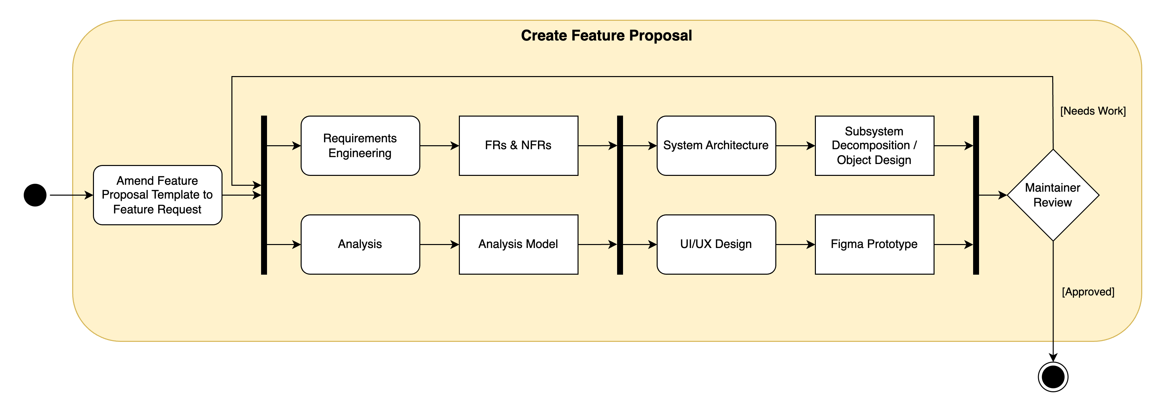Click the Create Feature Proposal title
(606, 36)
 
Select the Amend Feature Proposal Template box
(158, 195)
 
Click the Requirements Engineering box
(360, 146)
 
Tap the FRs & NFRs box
(518, 146)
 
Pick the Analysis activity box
(360, 244)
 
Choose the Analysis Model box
(518, 244)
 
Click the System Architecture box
(716, 146)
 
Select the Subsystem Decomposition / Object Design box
(874, 146)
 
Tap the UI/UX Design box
(716, 244)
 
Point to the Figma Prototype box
(874, 244)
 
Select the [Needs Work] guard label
(1092, 111)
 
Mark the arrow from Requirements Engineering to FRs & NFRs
(439, 146)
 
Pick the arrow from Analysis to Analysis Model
(439, 244)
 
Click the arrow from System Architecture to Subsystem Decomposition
(795, 146)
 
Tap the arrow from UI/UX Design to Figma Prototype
(795, 244)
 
